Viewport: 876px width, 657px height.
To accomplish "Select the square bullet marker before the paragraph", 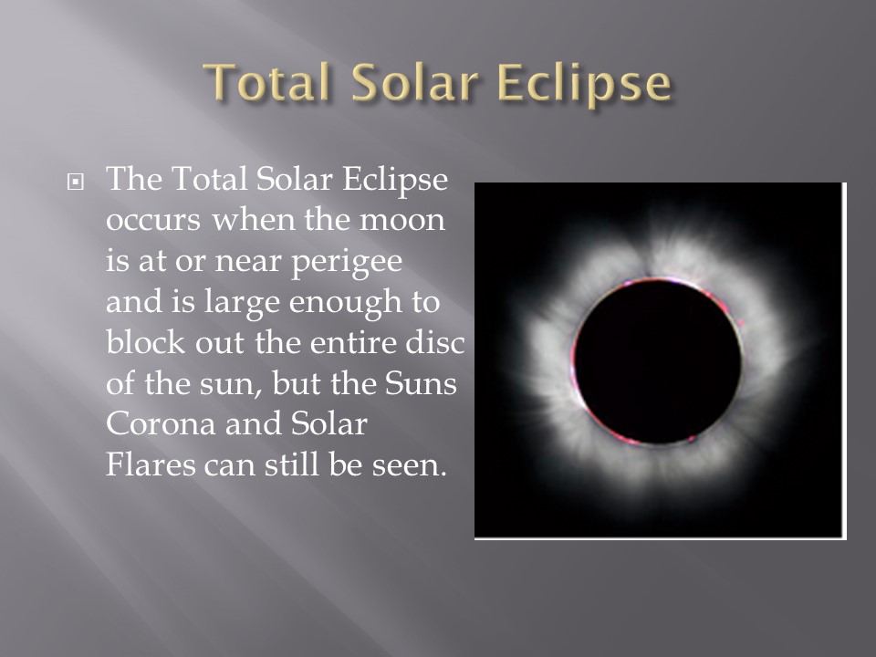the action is click(76, 182).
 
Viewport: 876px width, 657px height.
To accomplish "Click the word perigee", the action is click(347, 262).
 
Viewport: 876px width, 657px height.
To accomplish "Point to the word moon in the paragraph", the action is click(401, 220).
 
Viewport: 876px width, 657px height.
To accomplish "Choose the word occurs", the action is click(152, 221).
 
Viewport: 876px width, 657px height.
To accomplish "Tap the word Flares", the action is click(151, 464).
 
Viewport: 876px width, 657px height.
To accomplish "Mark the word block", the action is click(145, 342).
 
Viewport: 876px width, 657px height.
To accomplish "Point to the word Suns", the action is click(421, 383).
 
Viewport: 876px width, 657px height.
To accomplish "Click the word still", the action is click(292, 464).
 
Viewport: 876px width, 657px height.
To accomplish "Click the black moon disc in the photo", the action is click(658, 361).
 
